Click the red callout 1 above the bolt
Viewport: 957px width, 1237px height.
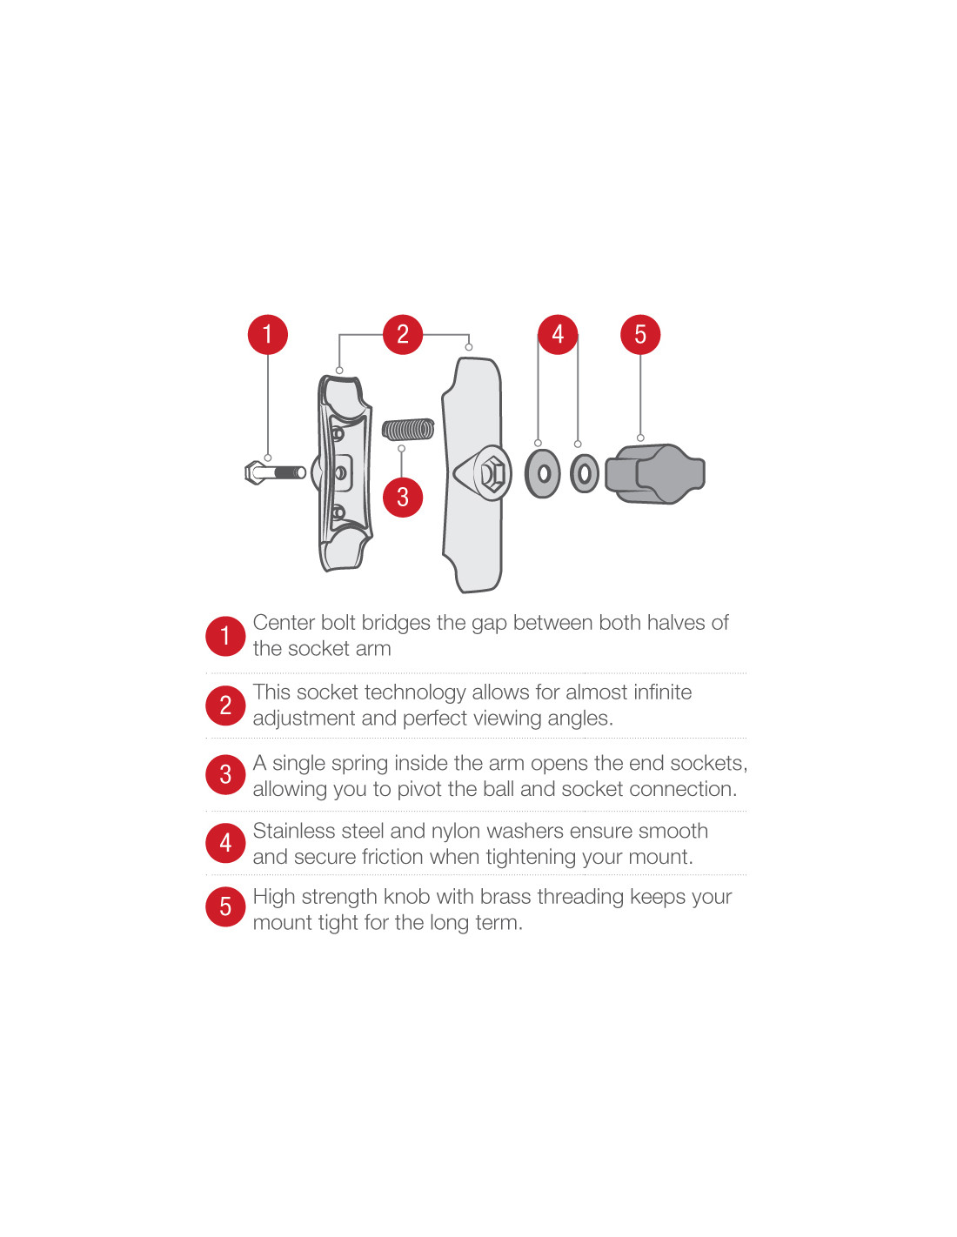tap(268, 334)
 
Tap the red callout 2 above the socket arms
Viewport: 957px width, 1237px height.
tap(403, 334)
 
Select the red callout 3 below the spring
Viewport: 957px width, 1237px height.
tap(403, 497)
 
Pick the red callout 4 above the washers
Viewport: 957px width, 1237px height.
tap(558, 334)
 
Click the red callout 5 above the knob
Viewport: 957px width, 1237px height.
tap(640, 334)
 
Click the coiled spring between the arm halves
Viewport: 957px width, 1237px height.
tap(408, 431)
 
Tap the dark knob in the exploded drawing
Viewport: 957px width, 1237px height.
tap(655, 473)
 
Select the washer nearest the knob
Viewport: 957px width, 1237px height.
tap(584, 473)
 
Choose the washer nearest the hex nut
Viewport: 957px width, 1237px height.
tap(543, 473)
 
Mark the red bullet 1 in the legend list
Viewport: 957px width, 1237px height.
tap(225, 636)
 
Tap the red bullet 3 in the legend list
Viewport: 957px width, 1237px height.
tap(225, 775)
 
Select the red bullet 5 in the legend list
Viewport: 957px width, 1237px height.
tap(225, 906)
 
